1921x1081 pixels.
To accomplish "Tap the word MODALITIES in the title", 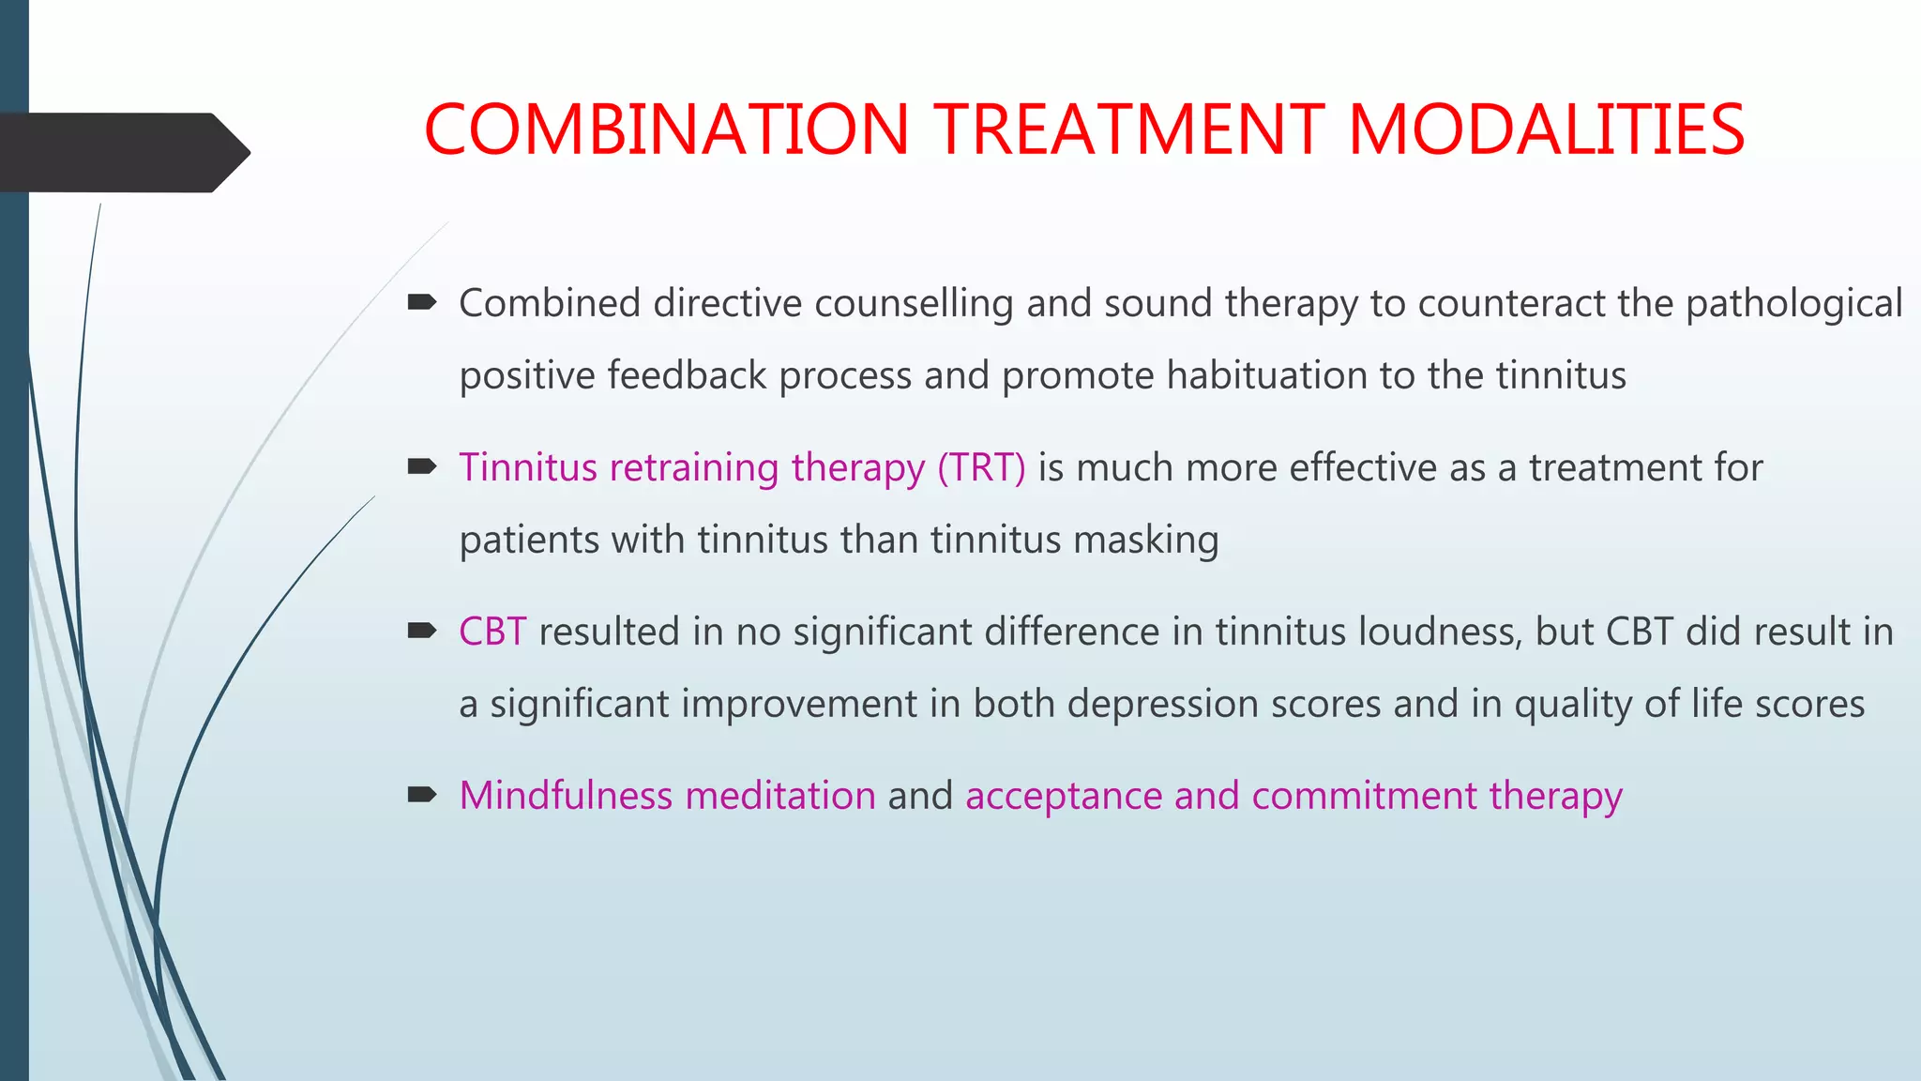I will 1546,129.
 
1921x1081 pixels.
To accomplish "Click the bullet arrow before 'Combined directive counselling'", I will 422,302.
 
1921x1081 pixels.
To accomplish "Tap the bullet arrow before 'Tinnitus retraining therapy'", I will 422,466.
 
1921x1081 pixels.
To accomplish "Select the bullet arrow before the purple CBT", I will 422,631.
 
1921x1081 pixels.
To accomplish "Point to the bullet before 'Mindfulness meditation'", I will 422,795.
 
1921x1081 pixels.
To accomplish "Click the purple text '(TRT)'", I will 981,467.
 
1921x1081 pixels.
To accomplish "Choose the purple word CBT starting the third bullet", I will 492,632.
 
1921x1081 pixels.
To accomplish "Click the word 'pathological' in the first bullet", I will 1793,304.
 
